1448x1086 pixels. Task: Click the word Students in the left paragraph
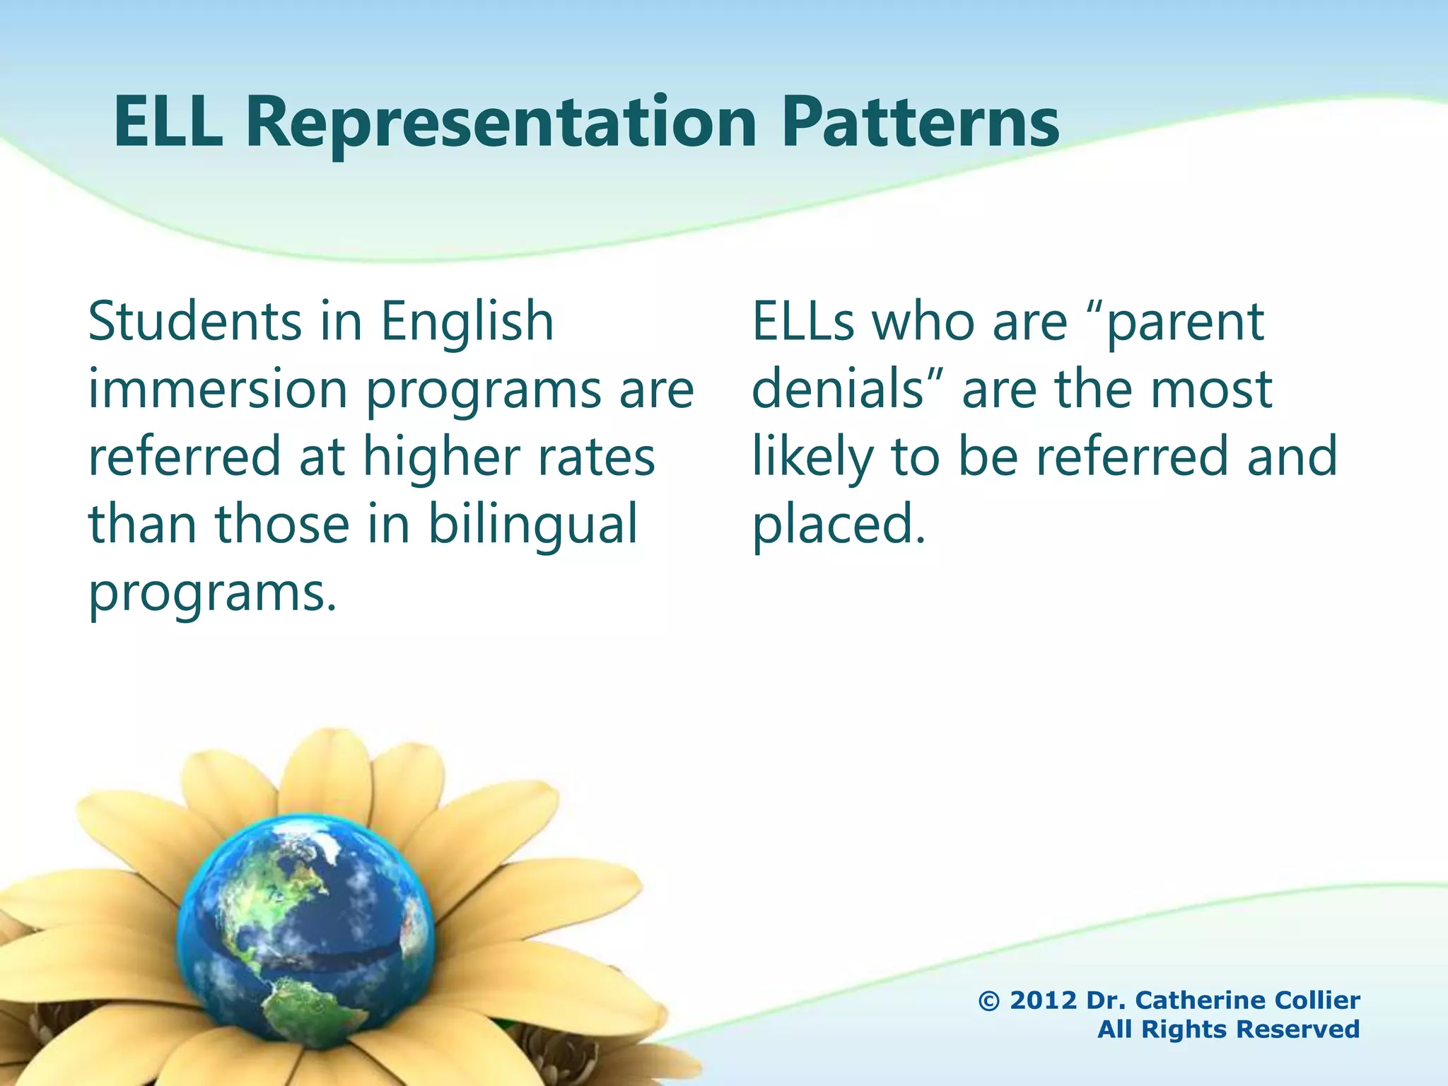coord(194,322)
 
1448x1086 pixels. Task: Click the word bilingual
coord(532,525)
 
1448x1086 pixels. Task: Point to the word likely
coord(812,458)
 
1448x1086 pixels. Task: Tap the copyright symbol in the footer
coord(988,1001)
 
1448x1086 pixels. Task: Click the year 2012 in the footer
coord(1044,1001)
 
